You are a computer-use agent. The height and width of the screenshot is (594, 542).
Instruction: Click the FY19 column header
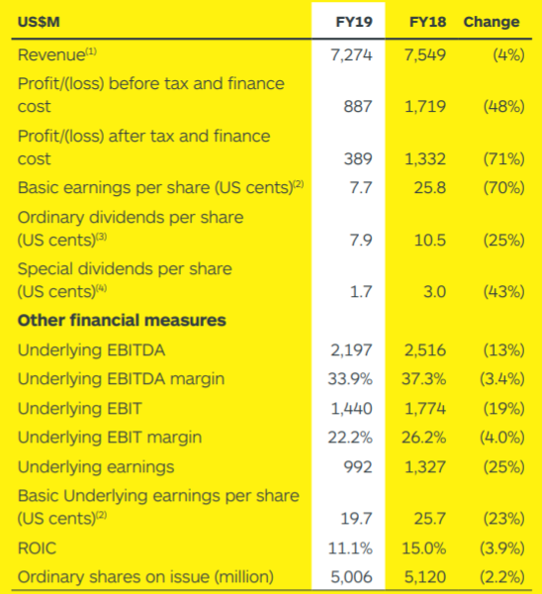click(x=354, y=22)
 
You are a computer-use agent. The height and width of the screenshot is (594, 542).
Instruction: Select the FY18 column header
click(x=427, y=22)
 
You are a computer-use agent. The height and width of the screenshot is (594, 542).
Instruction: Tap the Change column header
click(x=492, y=22)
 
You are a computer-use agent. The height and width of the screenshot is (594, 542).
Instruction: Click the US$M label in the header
click(x=39, y=22)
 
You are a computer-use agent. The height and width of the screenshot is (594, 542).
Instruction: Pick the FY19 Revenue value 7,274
click(x=352, y=54)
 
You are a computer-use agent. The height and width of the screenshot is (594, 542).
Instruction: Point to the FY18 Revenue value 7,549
click(x=425, y=54)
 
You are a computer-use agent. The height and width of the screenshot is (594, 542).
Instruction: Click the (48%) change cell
click(x=503, y=107)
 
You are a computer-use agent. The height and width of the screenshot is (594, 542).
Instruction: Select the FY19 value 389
click(x=358, y=158)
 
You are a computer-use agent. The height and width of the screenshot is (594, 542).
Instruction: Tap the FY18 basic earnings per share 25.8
click(x=430, y=187)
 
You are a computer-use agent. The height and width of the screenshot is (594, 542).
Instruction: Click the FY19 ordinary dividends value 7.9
click(x=361, y=240)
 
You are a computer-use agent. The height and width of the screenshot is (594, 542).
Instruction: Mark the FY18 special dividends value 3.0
click(x=434, y=292)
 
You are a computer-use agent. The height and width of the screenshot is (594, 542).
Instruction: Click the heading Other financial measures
click(x=122, y=321)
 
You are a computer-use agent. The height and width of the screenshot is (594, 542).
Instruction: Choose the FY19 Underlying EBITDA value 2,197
click(x=352, y=350)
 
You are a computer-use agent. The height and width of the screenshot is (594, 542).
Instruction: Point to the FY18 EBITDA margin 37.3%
click(x=424, y=379)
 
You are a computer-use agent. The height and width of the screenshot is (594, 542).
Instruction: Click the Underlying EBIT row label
click(x=79, y=409)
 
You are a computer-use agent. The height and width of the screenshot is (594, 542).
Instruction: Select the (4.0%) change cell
click(x=502, y=438)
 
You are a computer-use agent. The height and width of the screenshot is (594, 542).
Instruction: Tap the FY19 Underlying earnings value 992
click(x=358, y=466)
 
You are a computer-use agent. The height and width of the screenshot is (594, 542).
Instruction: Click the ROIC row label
click(x=38, y=548)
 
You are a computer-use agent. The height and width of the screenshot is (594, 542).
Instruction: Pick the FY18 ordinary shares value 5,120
click(x=425, y=577)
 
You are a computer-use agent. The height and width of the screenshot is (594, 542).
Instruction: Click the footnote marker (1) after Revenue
click(x=91, y=51)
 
